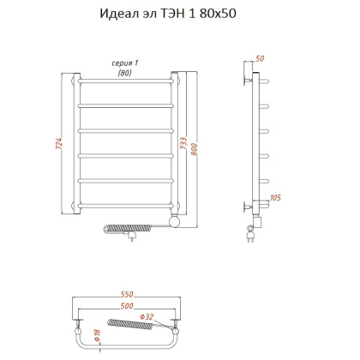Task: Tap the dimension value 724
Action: (x=59, y=145)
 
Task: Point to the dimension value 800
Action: (x=201, y=145)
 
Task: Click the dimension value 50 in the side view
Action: (x=260, y=59)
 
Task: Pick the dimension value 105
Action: (x=275, y=199)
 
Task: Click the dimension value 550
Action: (x=128, y=293)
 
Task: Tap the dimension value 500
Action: (x=127, y=305)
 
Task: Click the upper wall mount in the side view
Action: (x=250, y=80)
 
